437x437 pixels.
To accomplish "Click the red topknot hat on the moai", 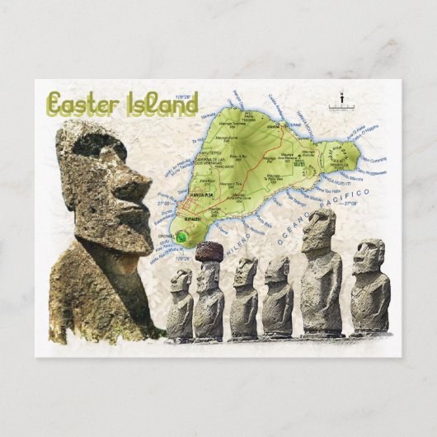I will point(209,251).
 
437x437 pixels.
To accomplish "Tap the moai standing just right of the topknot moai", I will point(244,298).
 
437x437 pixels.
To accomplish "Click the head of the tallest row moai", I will point(318,229).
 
